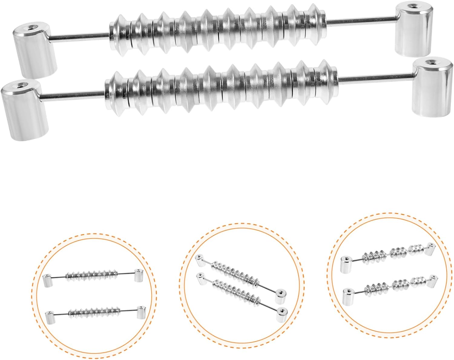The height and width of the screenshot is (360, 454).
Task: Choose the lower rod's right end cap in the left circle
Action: tap(141, 313)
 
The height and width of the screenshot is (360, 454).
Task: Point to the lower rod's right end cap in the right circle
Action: tap(432, 280)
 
